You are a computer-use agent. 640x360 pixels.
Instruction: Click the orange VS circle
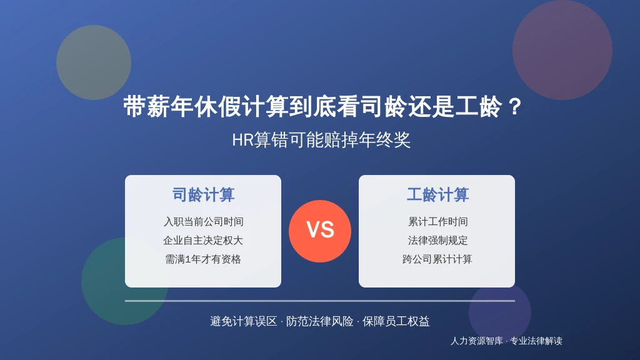click(320, 231)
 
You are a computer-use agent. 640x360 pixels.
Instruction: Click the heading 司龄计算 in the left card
click(203, 195)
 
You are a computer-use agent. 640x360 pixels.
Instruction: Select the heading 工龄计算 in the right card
click(437, 195)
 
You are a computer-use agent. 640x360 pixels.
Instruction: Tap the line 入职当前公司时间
click(203, 222)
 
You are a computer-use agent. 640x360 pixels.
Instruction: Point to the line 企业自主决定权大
click(203, 241)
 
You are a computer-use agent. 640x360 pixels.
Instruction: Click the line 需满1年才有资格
click(203, 259)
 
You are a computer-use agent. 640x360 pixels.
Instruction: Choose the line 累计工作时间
click(437, 222)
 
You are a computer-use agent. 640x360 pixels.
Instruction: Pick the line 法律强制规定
click(437, 241)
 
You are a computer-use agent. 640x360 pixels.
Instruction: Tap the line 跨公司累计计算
click(437, 259)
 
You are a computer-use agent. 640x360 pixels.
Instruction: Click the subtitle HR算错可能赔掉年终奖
click(321, 140)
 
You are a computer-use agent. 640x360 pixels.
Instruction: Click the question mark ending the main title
click(515, 106)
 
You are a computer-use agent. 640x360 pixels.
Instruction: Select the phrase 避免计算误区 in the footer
click(244, 321)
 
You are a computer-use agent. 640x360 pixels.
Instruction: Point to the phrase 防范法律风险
click(319, 321)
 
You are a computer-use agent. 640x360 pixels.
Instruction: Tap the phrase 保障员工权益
click(396, 321)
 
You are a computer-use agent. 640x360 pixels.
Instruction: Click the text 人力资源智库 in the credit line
click(476, 341)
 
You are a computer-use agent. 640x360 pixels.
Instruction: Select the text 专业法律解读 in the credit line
click(536, 341)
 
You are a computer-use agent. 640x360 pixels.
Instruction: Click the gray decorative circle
click(94, 62)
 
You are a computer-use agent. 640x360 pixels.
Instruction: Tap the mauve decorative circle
click(562, 50)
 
